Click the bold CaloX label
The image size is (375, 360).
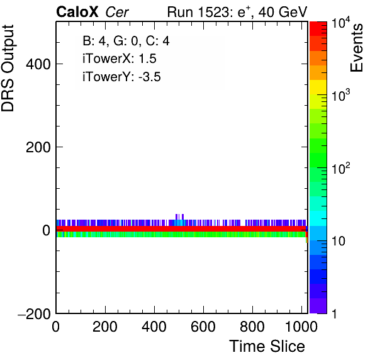click(77, 12)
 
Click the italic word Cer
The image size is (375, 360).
click(117, 12)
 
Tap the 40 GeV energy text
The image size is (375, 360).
click(283, 12)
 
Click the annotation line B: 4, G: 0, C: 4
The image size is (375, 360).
click(126, 41)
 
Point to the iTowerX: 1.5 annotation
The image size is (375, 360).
click(120, 59)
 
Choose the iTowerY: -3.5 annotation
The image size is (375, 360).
click(121, 77)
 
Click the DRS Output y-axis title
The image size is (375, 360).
click(8, 68)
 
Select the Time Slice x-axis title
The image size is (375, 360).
click(267, 346)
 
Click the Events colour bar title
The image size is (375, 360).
click(356, 48)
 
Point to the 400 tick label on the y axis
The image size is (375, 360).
click(38, 64)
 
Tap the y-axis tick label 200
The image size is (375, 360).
click(38, 147)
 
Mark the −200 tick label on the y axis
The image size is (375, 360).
click(34, 313)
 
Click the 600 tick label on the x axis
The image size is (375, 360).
click(203, 327)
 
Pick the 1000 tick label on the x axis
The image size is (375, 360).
click(301, 327)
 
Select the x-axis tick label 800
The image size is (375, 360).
click(252, 327)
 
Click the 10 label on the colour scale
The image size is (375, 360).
click(338, 241)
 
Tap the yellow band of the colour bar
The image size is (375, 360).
click(318, 87)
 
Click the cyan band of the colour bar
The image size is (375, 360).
click(318, 218)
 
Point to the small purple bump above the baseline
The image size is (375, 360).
click(179, 217)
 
